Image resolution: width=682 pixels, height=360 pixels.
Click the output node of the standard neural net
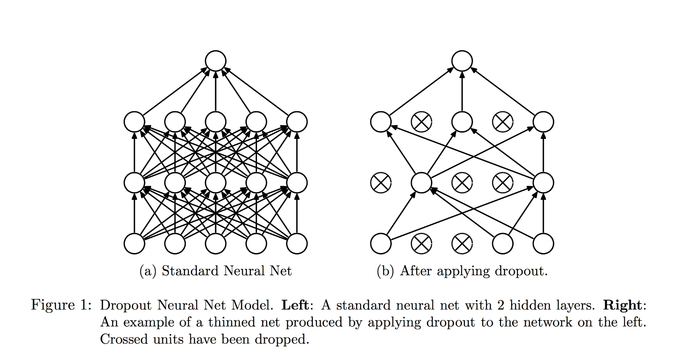tap(215, 61)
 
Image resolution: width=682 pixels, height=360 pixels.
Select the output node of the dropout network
tap(462, 61)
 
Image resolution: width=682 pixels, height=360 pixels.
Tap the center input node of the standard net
tap(215, 244)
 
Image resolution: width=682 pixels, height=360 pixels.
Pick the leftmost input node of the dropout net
tap(381, 244)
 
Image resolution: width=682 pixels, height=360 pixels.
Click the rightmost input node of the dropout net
tap(543, 244)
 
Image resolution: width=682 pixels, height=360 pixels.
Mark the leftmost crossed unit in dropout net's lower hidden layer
tap(381, 183)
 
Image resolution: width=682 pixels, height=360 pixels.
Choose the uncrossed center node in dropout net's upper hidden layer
tap(462, 122)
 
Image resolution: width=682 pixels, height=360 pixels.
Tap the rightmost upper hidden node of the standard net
tap(297, 122)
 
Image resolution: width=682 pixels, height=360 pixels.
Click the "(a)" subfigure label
tap(148, 271)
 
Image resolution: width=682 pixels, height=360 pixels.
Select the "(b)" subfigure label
tap(385, 271)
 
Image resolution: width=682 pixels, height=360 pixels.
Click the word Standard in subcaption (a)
tap(191, 271)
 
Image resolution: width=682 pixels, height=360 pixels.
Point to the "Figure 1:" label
tap(61, 305)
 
